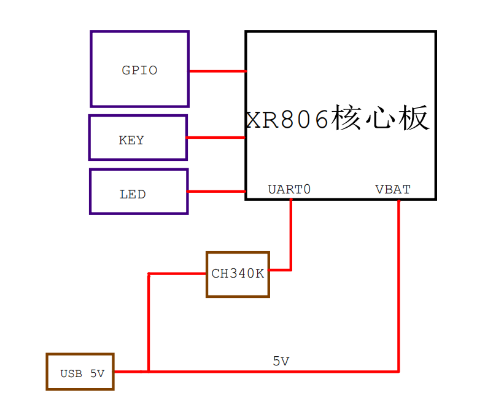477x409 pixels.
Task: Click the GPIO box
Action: click(139, 69)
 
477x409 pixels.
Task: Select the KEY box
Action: click(138, 138)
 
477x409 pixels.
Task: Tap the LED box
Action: click(139, 192)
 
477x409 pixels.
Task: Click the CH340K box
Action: click(238, 274)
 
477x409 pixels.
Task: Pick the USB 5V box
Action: click(80, 372)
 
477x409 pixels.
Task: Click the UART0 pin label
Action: click(289, 190)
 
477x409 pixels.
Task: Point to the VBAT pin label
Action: click(393, 190)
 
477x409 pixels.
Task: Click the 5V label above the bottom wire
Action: click(281, 362)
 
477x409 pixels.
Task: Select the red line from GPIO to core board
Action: click(217, 71)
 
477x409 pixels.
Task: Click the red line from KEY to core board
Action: click(215, 138)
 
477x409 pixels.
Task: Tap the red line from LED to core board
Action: click(216, 192)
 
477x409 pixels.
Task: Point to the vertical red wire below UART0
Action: click(290, 233)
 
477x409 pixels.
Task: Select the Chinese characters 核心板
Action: click(380, 118)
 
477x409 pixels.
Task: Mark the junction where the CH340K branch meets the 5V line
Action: click(149, 371)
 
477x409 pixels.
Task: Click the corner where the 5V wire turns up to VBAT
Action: click(398, 371)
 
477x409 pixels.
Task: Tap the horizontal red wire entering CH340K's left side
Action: click(177, 274)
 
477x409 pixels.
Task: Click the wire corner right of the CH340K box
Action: click(290, 270)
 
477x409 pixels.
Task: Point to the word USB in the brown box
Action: click(71, 373)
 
